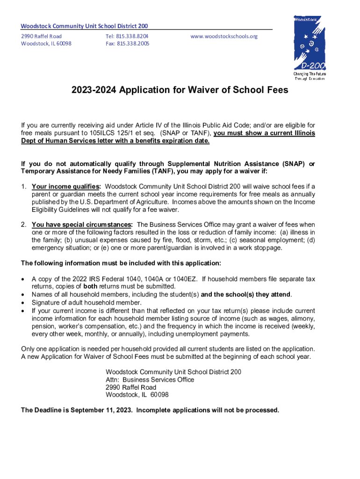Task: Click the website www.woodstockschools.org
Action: pyautogui.click(x=224, y=36)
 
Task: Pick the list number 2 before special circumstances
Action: pyautogui.click(x=23, y=225)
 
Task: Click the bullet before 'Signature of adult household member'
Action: pyautogui.click(x=23, y=302)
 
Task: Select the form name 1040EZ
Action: pyautogui.click(x=187, y=279)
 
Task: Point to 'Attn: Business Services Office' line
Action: pyautogui.click(x=150, y=380)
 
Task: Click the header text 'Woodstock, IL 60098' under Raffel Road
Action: pyautogui.click(x=46, y=44)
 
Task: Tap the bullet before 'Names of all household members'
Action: pyautogui.click(x=23, y=294)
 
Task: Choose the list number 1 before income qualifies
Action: pyautogui.click(x=23, y=187)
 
